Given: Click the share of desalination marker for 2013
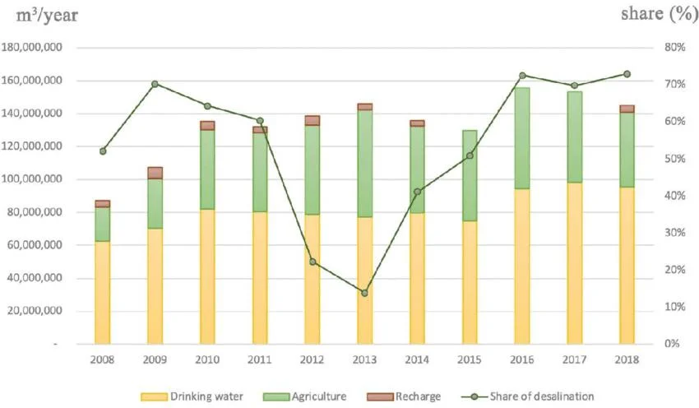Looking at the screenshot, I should [365, 293].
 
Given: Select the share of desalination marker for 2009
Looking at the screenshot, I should [155, 84].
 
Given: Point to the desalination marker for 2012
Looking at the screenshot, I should [312, 262].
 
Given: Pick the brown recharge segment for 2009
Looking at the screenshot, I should [155, 173].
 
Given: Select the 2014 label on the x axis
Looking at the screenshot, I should [418, 359].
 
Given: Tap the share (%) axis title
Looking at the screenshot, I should [654, 14].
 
